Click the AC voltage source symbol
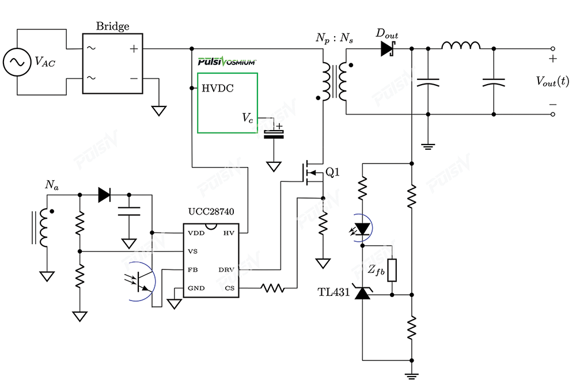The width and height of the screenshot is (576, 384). click(x=17, y=62)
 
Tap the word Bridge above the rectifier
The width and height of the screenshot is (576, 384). click(x=112, y=26)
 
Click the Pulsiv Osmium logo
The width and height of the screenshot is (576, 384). click(x=226, y=61)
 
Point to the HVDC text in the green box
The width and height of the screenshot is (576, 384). click(x=218, y=88)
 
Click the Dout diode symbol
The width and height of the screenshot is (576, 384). click(x=387, y=48)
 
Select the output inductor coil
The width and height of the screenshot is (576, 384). click(x=461, y=45)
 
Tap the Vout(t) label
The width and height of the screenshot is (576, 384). click(x=552, y=81)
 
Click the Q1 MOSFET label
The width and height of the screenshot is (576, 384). click(x=332, y=172)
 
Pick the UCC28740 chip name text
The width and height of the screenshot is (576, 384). click(x=211, y=211)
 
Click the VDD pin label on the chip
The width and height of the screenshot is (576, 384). click(x=196, y=233)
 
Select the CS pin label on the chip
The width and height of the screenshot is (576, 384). click(x=230, y=288)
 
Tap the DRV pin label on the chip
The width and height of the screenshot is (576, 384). click(x=226, y=270)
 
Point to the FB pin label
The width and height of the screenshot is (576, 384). click(x=192, y=270)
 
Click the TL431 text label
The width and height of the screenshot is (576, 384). click(x=334, y=292)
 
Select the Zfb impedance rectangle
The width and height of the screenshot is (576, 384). click(x=392, y=270)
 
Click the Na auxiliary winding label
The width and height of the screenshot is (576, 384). click(x=51, y=185)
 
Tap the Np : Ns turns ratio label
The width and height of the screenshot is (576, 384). click(x=334, y=38)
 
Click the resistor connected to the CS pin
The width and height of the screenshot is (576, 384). click(x=272, y=288)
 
